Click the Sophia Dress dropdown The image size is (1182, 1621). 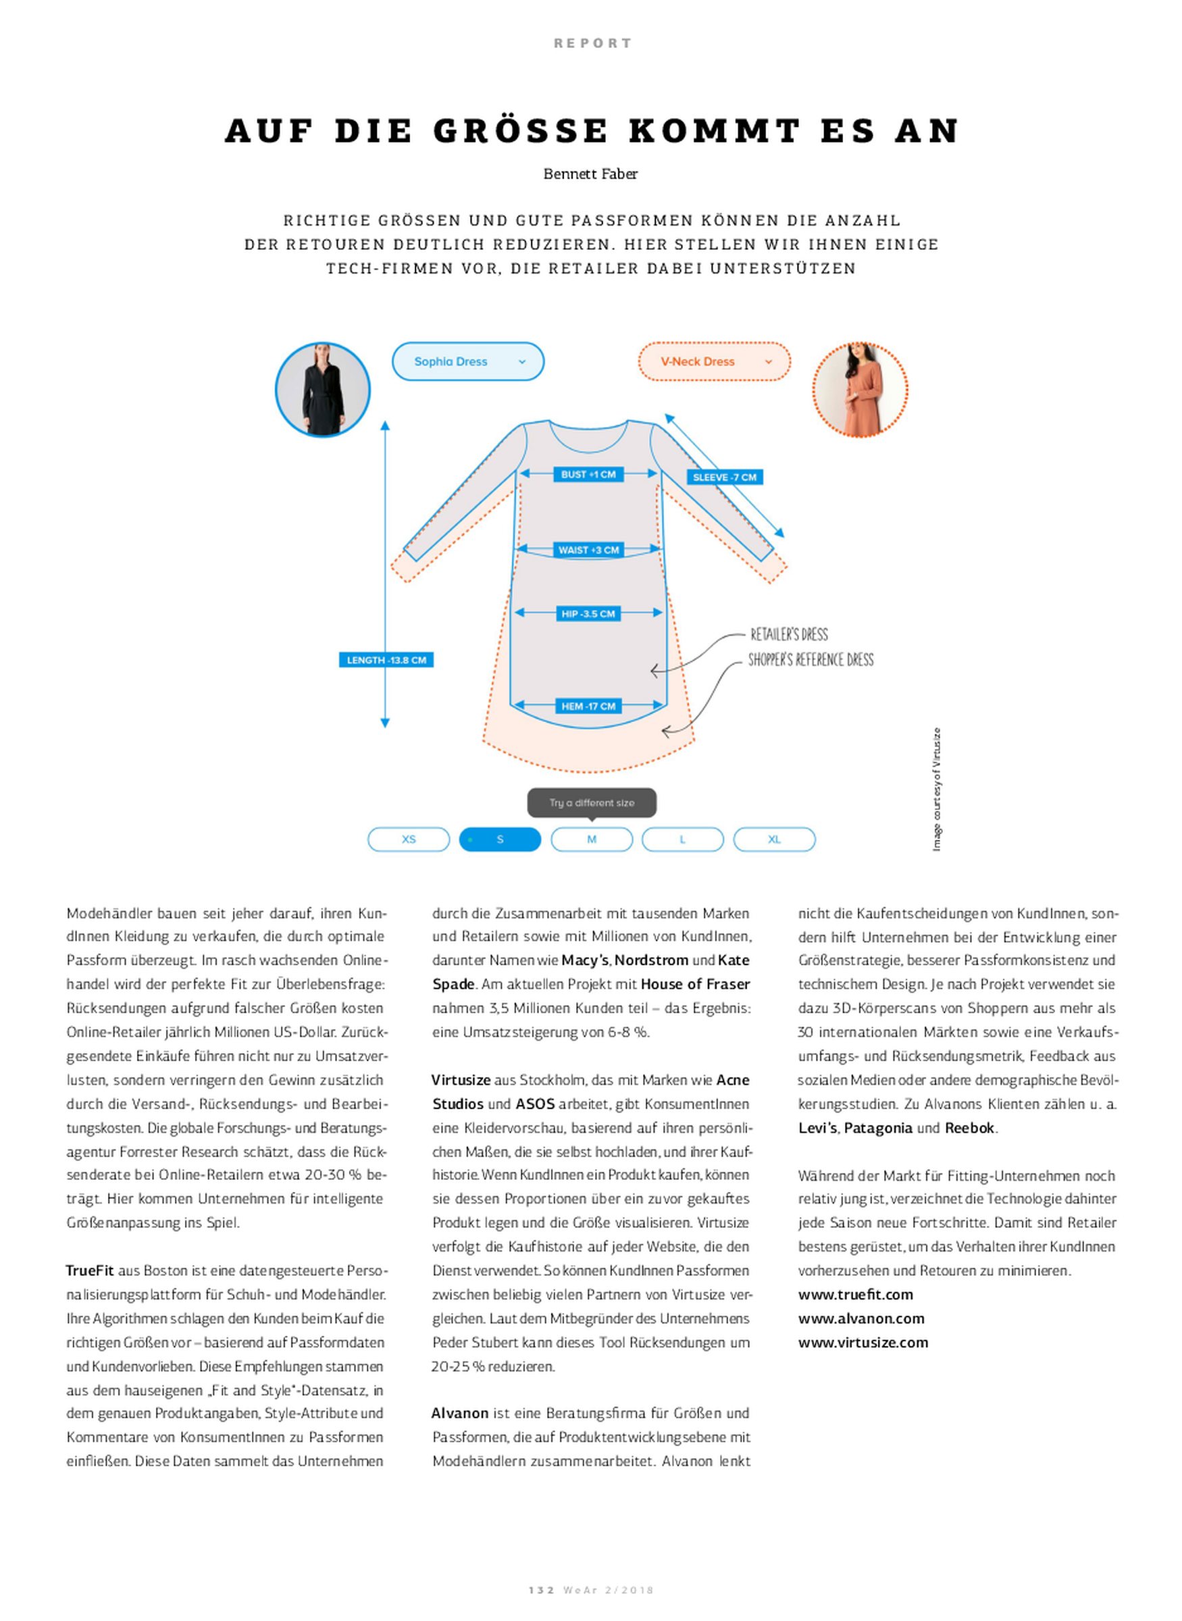[x=467, y=361]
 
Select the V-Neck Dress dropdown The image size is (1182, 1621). [x=713, y=361]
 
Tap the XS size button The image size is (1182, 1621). [x=409, y=839]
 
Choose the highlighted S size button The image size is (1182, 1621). [x=499, y=839]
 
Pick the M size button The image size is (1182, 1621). [x=591, y=839]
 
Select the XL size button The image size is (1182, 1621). [x=774, y=839]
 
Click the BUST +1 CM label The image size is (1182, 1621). [x=588, y=474]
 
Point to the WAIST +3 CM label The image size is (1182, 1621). [x=588, y=550]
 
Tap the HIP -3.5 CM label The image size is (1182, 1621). [x=588, y=614]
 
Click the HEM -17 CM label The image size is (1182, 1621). [x=588, y=706]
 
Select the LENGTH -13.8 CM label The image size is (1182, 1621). [x=386, y=661]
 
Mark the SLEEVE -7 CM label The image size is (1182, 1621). [x=724, y=477]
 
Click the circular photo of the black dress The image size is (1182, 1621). [x=323, y=390]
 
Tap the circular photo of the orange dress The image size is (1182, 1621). [x=859, y=390]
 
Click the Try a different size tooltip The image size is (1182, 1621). [x=592, y=802]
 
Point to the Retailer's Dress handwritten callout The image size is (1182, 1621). [x=788, y=634]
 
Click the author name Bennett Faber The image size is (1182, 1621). [x=590, y=174]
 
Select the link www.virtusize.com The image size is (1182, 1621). [x=863, y=1343]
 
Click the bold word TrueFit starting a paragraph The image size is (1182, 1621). [x=89, y=1271]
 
